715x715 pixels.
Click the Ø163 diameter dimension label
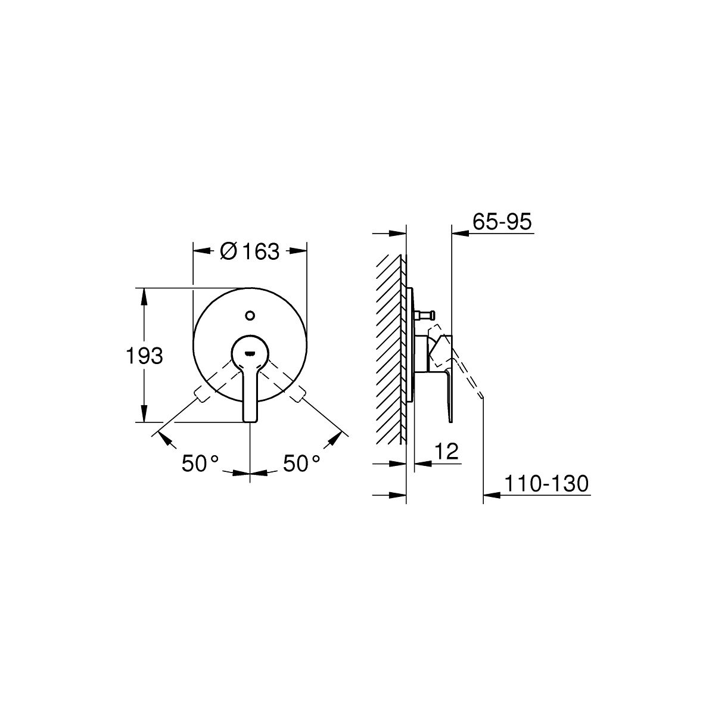click(249, 251)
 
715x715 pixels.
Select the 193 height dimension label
click(144, 356)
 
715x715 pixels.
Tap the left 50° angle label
click(200, 463)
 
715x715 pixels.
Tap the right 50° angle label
click(301, 463)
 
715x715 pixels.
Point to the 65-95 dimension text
click(502, 222)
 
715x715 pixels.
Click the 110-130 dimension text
click(546, 483)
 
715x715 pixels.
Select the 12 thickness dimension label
click(446, 451)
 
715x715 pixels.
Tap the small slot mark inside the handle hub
click(250, 353)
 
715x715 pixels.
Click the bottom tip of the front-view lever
click(250, 421)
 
